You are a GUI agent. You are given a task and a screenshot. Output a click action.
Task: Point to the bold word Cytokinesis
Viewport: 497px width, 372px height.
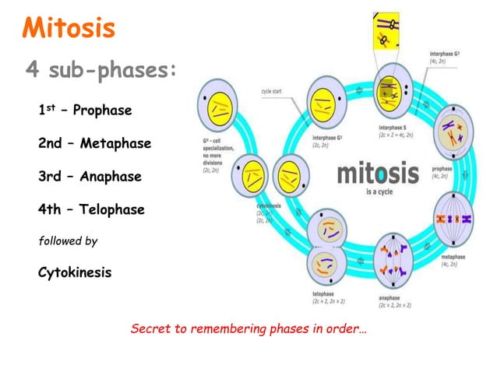[x=75, y=273]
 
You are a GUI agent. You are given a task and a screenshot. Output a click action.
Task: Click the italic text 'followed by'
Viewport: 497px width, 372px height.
[x=68, y=241]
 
